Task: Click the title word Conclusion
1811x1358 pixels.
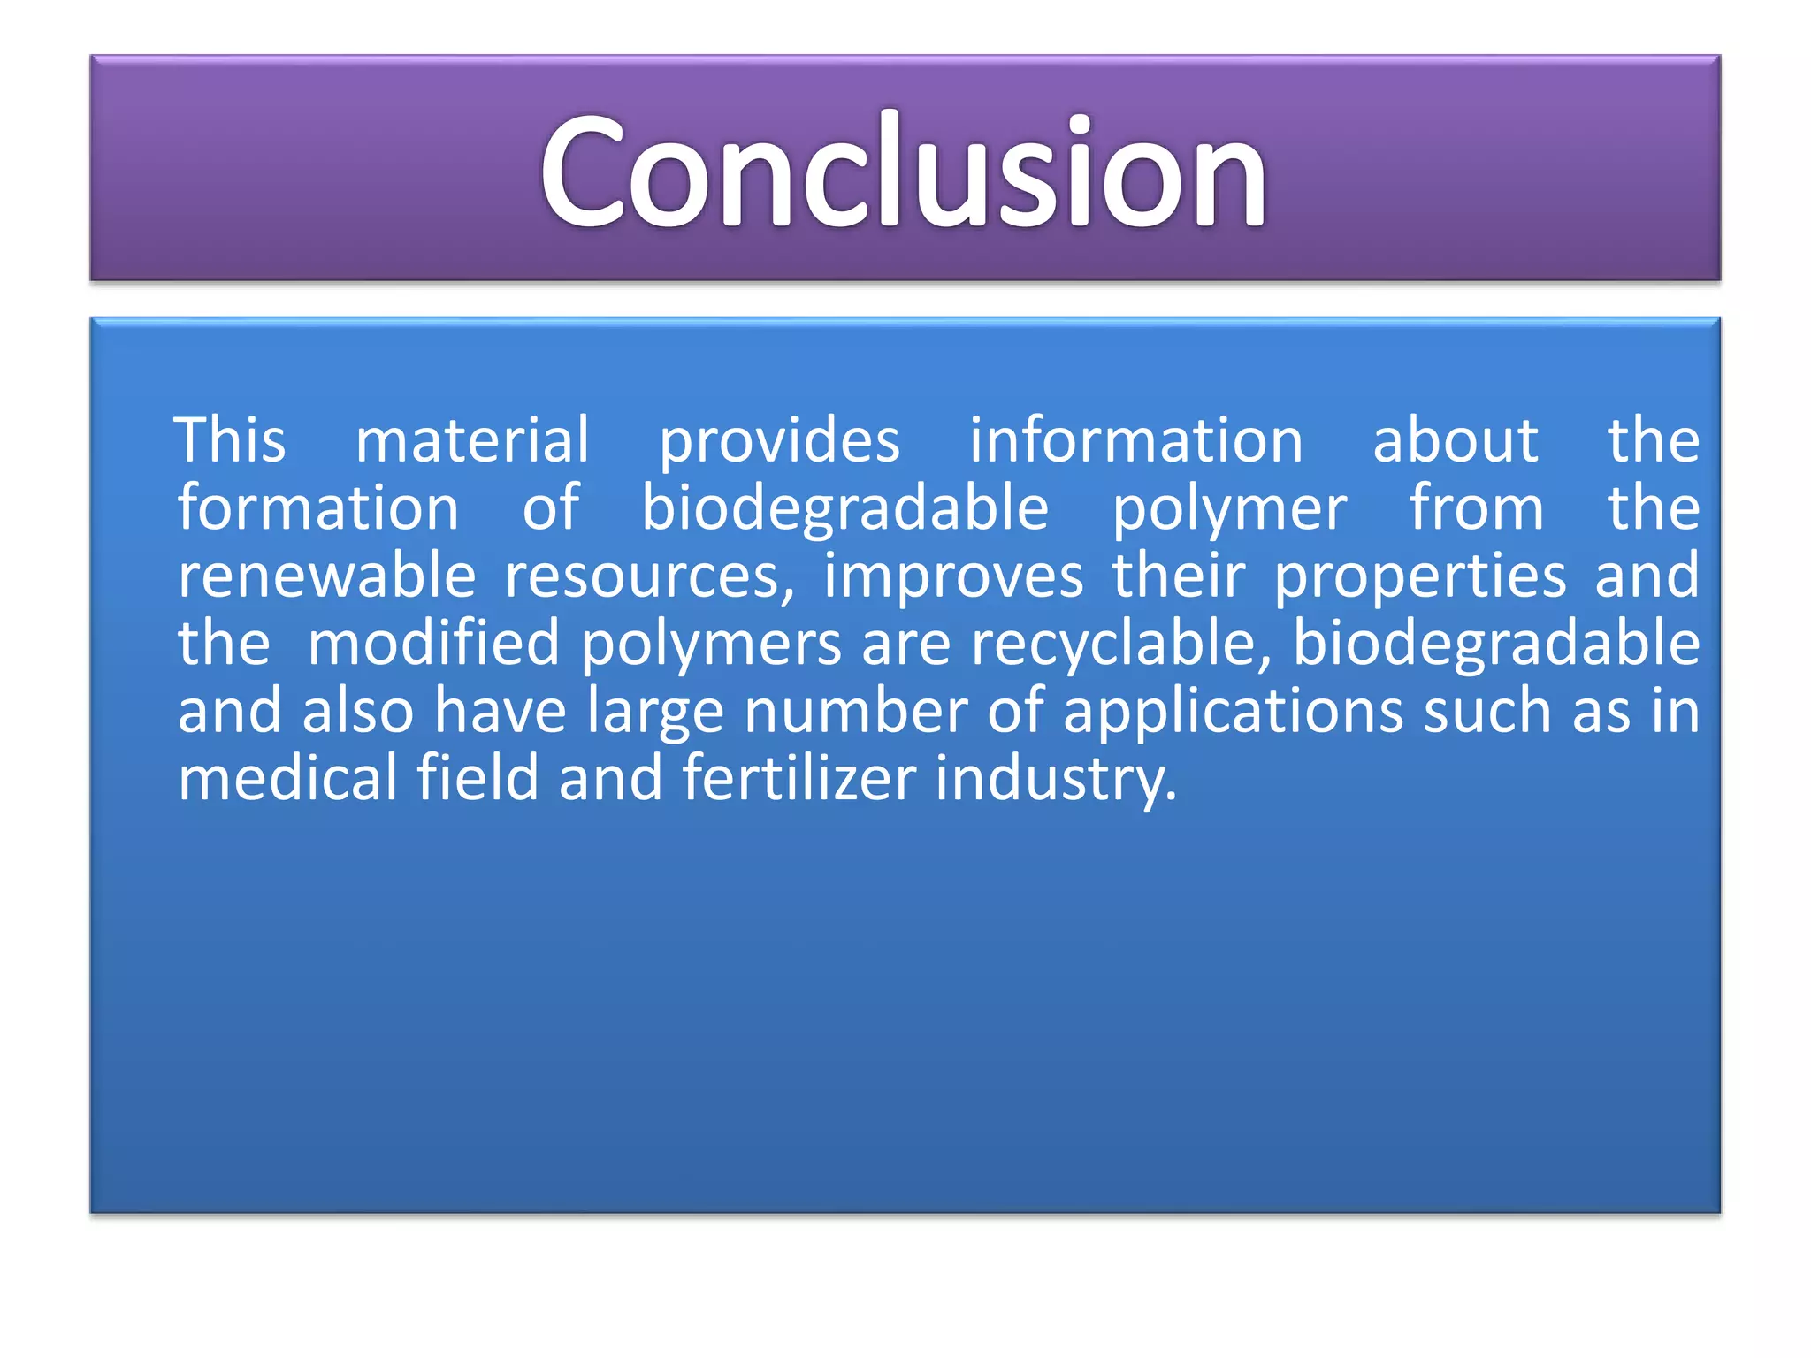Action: coord(904,170)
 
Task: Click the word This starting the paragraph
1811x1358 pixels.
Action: coord(231,439)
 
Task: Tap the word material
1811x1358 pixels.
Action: coord(472,439)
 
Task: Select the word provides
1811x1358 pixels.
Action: coord(779,441)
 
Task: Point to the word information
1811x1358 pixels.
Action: coord(1135,439)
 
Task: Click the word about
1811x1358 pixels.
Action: coord(1455,439)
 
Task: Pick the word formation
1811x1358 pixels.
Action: coord(318,507)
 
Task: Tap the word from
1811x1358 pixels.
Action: coord(1476,507)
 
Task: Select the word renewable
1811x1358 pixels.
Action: coord(326,576)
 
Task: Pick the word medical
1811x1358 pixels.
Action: coord(287,778)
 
